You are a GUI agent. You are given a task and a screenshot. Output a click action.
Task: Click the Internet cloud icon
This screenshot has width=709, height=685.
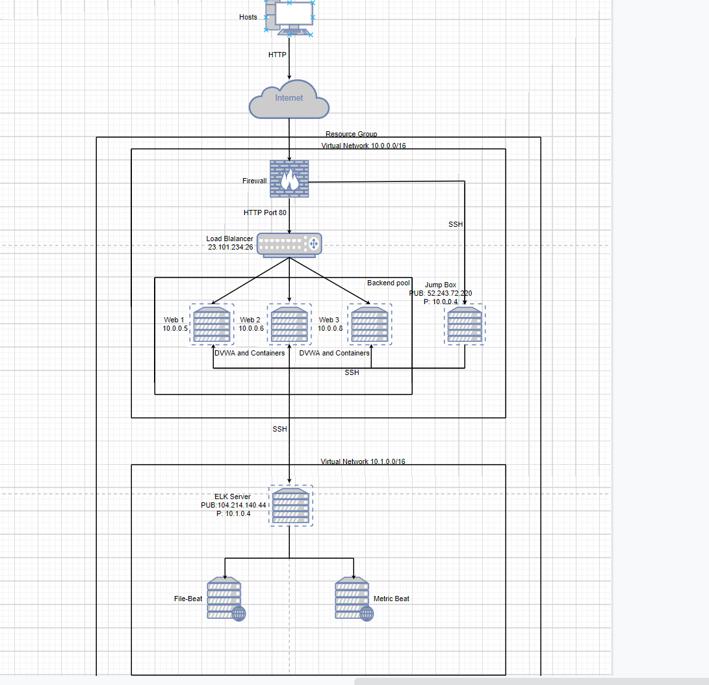(x=289, y=99)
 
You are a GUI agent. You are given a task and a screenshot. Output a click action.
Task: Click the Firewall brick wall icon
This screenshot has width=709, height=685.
(x=289, y=179)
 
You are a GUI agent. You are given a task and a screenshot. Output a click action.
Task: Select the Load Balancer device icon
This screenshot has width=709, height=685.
(x=289, y=244)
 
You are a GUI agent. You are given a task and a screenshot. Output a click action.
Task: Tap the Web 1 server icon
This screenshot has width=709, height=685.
(x=212, y=324)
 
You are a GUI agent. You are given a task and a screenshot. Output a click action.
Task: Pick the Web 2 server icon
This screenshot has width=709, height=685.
(x=289, y=324)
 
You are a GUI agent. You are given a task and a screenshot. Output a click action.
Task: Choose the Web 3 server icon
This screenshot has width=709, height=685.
(x=370, y=324)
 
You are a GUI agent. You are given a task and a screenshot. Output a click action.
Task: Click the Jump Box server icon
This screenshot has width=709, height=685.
(x=465, y=325)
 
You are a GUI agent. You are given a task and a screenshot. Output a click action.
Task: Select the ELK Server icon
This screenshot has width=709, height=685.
(x=290, y=506)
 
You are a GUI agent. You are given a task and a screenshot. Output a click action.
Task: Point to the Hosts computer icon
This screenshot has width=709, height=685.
(x=289, y=18)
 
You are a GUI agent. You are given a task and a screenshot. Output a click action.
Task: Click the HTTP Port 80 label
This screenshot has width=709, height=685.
(x=265, y=213)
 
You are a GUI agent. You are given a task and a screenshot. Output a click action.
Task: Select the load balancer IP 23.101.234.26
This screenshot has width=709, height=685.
(x=230, y=248)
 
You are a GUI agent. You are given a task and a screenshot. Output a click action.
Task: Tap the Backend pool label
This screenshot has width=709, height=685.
(x=388, y=283)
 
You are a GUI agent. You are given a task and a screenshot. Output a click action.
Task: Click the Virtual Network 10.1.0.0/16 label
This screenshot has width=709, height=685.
(x=363, y=461)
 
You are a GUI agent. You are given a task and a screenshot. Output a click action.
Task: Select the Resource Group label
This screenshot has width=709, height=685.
(x=351, y=134)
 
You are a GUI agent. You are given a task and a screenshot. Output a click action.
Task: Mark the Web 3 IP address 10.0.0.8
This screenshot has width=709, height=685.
(x=330, y=329)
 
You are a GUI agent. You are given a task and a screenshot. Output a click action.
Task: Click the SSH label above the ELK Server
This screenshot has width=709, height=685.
(x=279, y=429)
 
